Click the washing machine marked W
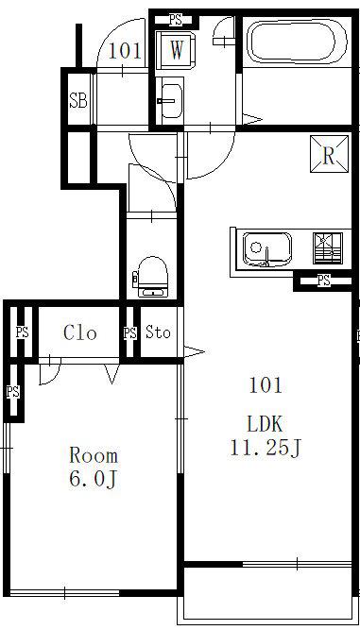(176, 51)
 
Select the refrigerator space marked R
(329, 154)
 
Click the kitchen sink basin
(266, 249)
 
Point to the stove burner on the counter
(328, 248)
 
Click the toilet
(152, 277)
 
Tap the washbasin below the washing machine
(172, 101)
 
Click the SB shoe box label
(77, 100)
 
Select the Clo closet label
(80, 332)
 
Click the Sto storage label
(158, 332)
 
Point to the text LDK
(266, 424)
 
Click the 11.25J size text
(266, 448)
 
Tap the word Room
(94, 455)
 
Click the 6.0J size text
(93, 479)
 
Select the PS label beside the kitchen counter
(324, 280)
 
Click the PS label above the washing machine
(176, 19)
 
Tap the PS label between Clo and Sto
(129, 333)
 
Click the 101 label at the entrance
(125, 52)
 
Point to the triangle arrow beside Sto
(194, 352)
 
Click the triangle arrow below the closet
(112, 374)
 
